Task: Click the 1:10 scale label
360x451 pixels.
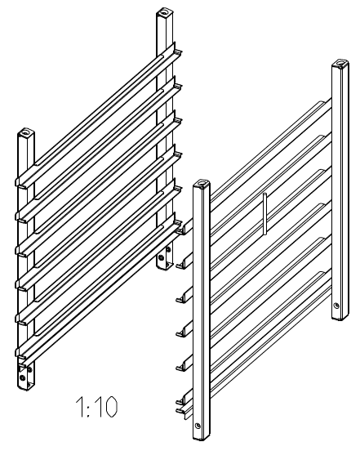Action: [x=96, y=407]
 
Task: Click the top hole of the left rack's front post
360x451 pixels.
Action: [x=25, y=133]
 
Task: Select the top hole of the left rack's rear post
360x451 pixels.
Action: [x=165, y=12]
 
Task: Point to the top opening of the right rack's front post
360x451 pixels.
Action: [x=201, y=183]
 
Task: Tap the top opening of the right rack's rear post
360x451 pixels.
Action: [x=340, y=62]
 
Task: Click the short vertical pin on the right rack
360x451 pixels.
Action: [x=264, y=214]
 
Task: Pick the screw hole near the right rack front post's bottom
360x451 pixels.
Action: [x=197, y=425]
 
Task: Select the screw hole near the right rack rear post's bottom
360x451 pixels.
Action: [x=336, y=306]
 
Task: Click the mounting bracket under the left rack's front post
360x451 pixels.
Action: [x=25, y=376]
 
